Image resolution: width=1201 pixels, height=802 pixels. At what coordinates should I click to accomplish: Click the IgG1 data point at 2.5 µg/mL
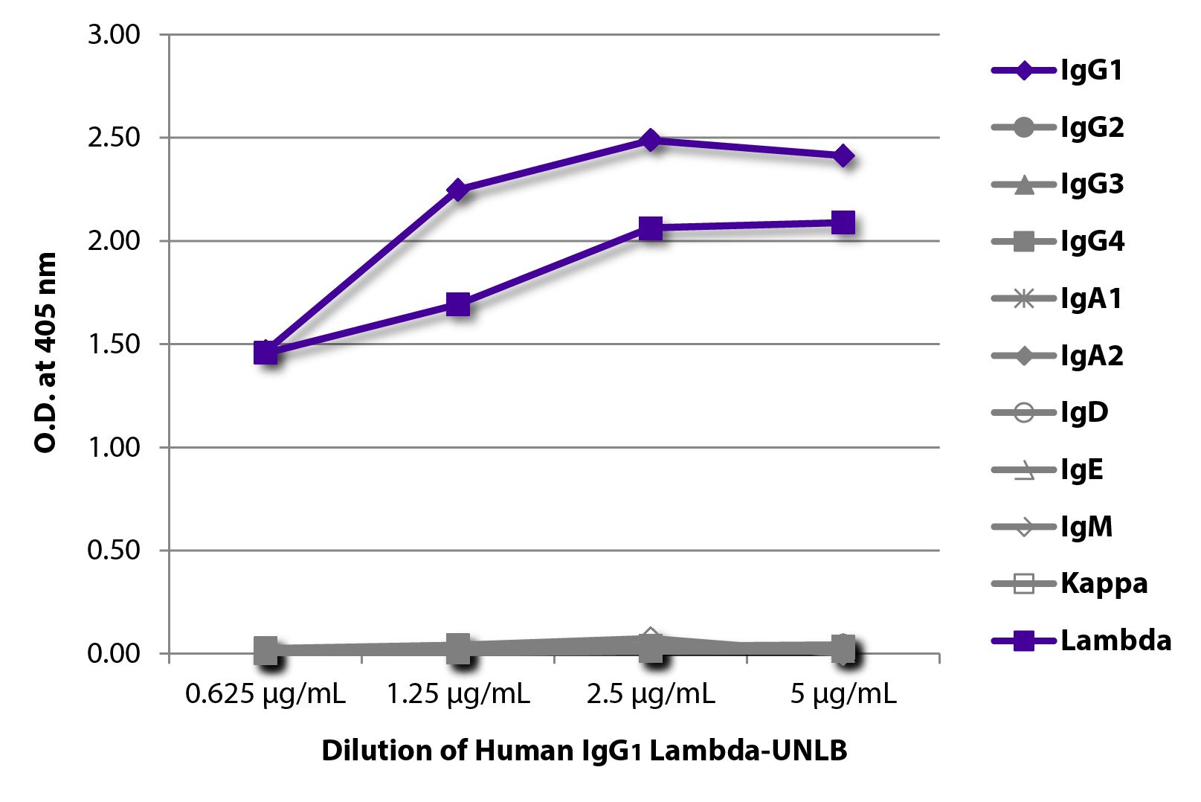tap(651, 140)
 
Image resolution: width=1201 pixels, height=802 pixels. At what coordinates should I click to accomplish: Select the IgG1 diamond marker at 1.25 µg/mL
tap(458, 190)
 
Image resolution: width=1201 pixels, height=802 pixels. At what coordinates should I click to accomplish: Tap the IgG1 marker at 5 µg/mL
tap(843, 156)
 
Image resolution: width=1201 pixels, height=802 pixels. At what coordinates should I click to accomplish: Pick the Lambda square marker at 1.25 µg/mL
tap(458, 304)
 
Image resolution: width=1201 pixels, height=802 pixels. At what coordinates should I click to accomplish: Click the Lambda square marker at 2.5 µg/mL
tap(651, 228)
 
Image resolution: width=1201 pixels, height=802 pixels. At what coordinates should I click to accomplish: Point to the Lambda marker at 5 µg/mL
tap(843, 222)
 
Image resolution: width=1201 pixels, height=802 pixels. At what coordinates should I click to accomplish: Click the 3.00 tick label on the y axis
tap(114, 35)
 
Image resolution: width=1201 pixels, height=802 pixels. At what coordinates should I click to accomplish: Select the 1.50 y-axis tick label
tap(114, 344)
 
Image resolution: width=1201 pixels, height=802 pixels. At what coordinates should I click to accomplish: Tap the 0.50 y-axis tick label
tap(114, 551)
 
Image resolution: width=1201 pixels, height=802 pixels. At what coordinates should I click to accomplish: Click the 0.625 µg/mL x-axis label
tap(265, 695)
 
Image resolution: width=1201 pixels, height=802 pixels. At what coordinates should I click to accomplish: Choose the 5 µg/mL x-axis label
tap(843, 695)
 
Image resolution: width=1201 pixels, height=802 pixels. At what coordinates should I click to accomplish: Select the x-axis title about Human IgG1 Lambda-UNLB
tap(584, 751)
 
